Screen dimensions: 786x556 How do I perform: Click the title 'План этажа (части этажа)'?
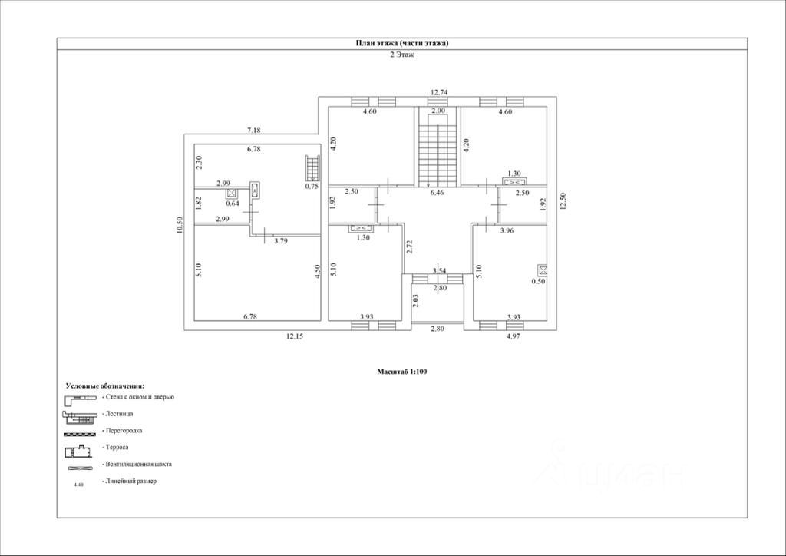402,43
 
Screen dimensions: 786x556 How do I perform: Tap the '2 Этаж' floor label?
402,55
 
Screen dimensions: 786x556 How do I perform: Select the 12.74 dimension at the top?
439,91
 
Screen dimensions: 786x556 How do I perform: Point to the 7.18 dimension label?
254,131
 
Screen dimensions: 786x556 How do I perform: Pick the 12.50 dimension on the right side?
563,201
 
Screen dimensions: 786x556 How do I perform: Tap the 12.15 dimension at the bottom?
295,336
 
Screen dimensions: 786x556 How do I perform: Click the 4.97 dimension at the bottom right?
513,336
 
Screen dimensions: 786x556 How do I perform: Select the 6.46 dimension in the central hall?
437,193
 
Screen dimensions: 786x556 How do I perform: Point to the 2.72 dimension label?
409,248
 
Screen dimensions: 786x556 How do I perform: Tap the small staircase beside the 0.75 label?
312,168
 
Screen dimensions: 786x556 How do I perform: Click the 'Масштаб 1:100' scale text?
402,372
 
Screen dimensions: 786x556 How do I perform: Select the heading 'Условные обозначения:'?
105,386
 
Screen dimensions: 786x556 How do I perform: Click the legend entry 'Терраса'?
117,447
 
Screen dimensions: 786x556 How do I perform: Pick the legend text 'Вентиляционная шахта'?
137,465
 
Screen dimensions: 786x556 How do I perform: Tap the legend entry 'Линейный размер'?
130,481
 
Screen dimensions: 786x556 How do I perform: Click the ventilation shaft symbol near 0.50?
542,270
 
